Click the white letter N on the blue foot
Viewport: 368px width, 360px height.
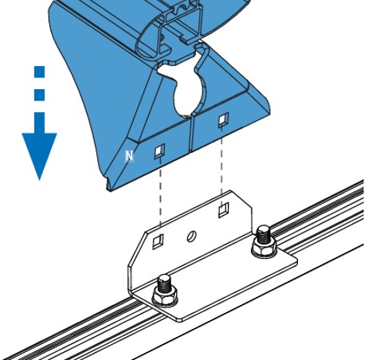129,156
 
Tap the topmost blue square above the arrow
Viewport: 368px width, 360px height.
40,72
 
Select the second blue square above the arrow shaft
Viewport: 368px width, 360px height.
40,95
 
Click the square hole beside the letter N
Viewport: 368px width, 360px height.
159,151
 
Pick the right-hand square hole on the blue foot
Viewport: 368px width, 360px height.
223,119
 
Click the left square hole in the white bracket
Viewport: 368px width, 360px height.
158,241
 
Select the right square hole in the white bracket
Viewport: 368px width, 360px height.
224,209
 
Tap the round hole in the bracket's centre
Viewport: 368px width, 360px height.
191,236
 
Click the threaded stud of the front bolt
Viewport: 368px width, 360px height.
165,284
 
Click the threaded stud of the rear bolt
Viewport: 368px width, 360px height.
264,234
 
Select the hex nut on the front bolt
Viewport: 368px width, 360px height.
165,296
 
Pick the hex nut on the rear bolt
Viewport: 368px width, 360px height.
264,247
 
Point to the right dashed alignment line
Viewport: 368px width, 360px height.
221,166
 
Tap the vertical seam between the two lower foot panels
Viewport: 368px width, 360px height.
192,134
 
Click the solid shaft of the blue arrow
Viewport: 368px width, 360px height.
40,123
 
